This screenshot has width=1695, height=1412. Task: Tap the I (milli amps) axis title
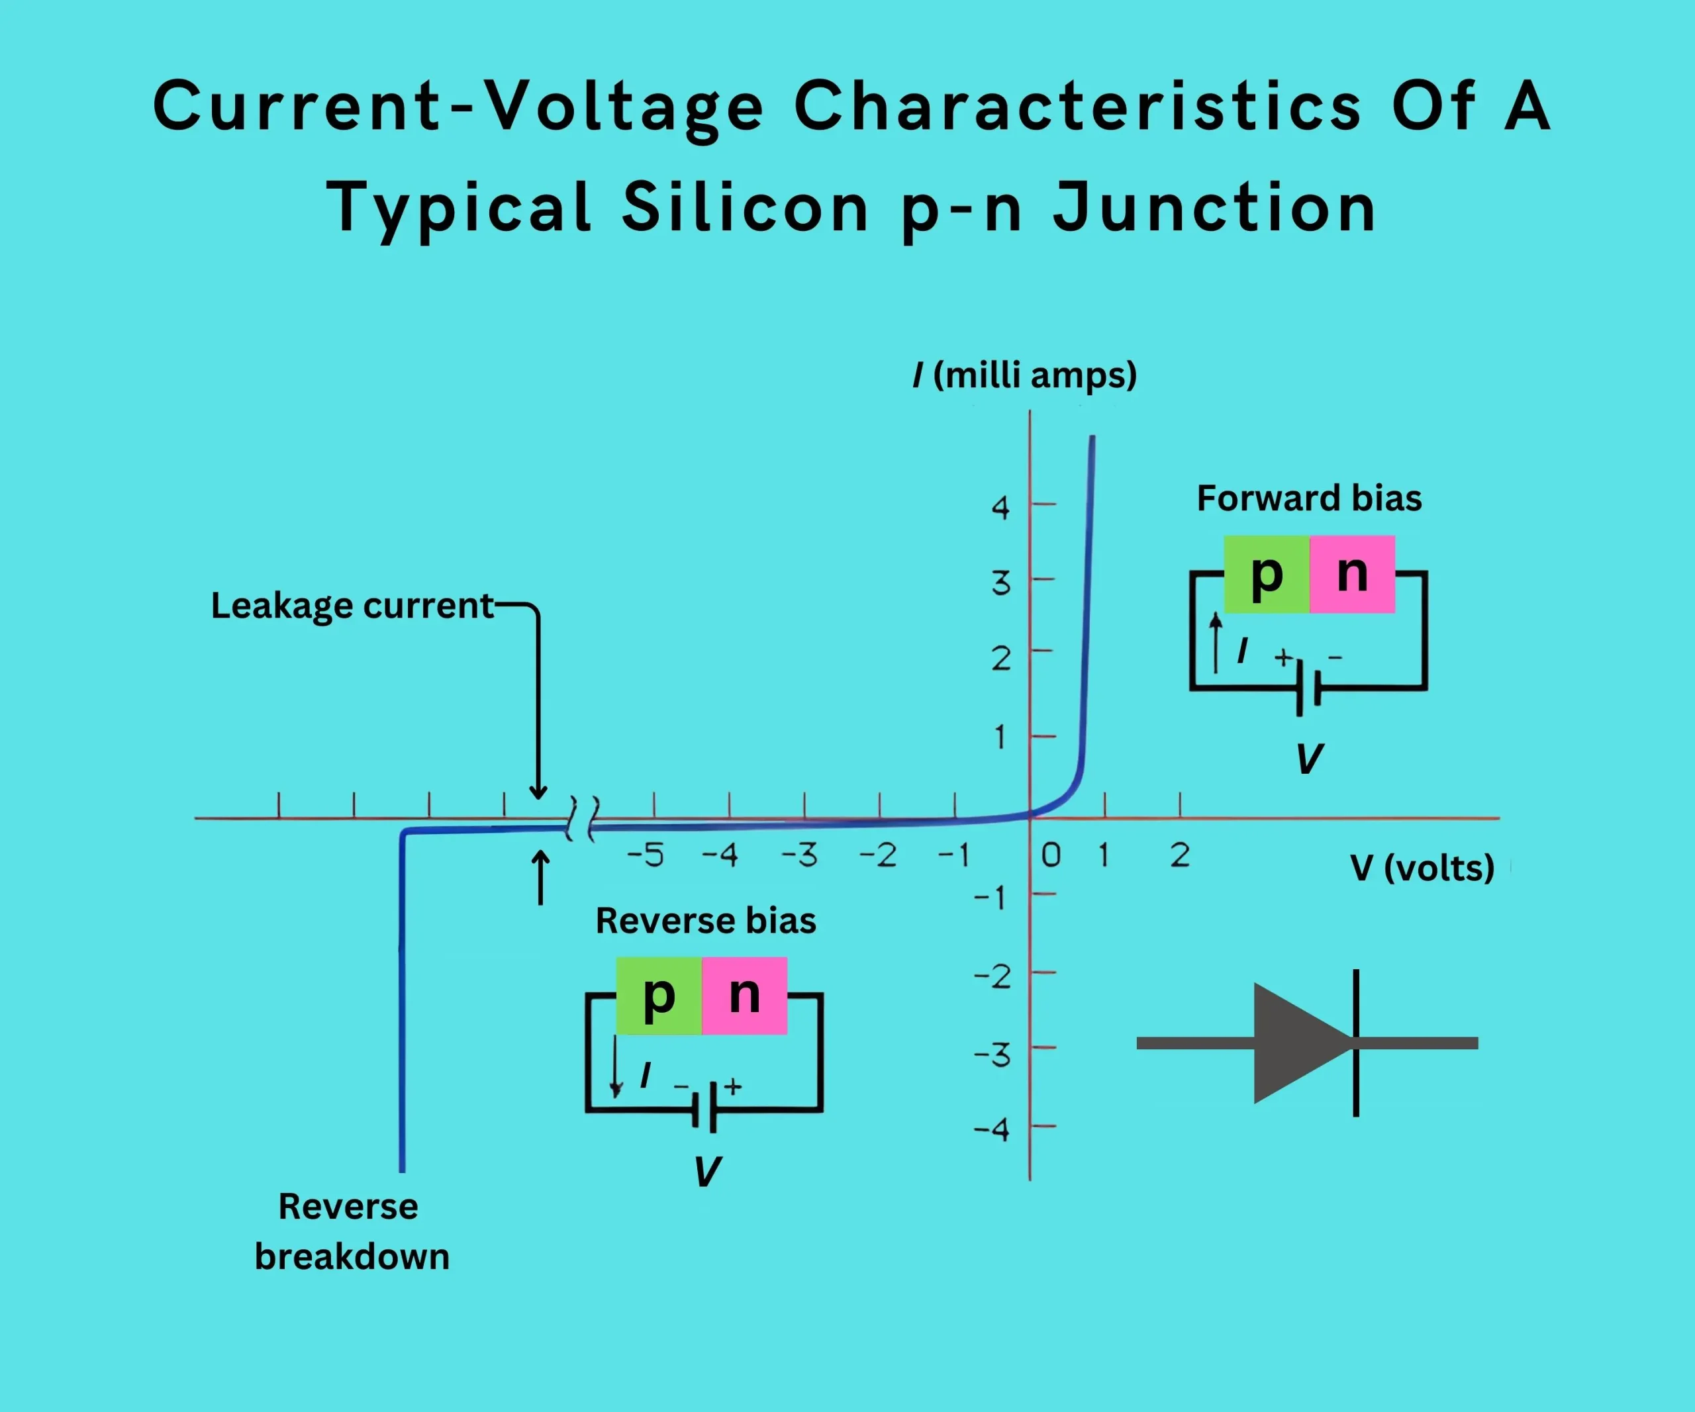(x=1024, y=375)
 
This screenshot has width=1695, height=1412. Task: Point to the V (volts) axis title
(x=1422, y=868)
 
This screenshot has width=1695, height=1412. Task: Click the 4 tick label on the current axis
(x=1001, y=508)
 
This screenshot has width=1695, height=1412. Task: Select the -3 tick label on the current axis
(x=993, y=1055)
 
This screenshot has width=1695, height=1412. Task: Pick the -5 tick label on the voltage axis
(x=646, y=855)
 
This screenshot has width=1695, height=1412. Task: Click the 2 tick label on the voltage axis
(x=1179, y=855)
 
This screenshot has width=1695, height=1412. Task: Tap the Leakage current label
(x=352, y=606)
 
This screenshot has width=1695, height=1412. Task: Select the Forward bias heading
(x=1308, y=498)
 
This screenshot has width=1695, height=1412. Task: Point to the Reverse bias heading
(x=705, y=921)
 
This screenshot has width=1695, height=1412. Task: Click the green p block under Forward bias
(x=1267, y=574)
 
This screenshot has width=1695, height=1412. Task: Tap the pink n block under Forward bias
(x=1352, y=574)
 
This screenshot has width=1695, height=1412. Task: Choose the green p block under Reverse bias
(x=659, y=995)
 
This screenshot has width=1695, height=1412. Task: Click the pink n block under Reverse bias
(x=744, y=995)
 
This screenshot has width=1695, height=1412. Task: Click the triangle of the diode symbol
(x=1296, y=1043)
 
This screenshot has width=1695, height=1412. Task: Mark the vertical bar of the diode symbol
(x=1356, y=1043)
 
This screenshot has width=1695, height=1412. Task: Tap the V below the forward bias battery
(x=1308, y=759)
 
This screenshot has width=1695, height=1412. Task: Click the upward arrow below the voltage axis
(x=541, y=877)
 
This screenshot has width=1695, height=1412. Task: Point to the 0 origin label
(x=1050, y=855)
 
